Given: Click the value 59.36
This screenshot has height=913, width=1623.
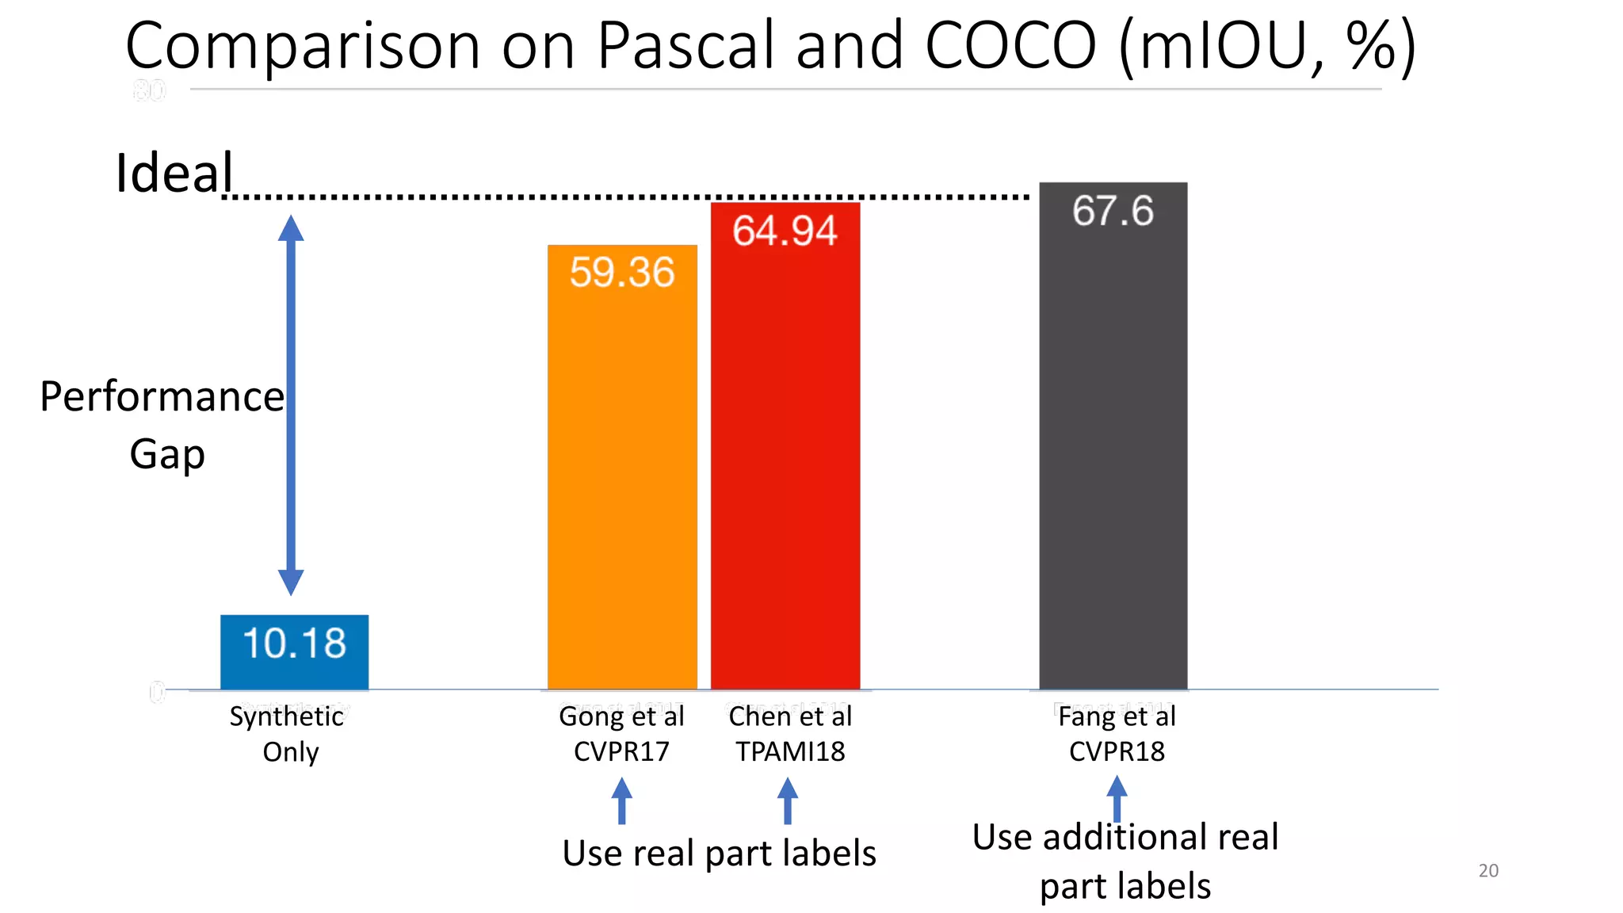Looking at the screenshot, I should [x=622, y=272].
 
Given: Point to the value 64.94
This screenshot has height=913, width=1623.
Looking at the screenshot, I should [x=785, y=231].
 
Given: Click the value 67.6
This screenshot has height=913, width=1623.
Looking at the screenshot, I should [x=1113, y=211].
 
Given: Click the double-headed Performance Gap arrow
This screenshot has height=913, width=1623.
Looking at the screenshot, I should [x=291, y=404].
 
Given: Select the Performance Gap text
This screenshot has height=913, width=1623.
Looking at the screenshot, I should [x=162, y=424].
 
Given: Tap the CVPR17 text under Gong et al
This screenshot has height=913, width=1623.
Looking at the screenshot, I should [x=621, y=751].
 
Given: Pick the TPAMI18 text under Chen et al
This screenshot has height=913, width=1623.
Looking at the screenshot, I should [x=790, y=751].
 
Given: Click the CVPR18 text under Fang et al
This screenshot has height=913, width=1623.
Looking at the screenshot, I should [x=1117, y=751].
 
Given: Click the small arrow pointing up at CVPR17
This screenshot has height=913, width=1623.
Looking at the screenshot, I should [x=622, y=800].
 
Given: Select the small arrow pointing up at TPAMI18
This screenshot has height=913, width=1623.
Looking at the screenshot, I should [x=787, y=800].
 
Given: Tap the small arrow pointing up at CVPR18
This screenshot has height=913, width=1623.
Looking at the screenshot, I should [x=1117, y=798].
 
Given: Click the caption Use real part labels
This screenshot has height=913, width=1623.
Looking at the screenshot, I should [x=719, y=854].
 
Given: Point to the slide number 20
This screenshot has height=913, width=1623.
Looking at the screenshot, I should [x=1488, y=870].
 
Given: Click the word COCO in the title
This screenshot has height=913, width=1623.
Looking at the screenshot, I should [x=1010, y=45].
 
